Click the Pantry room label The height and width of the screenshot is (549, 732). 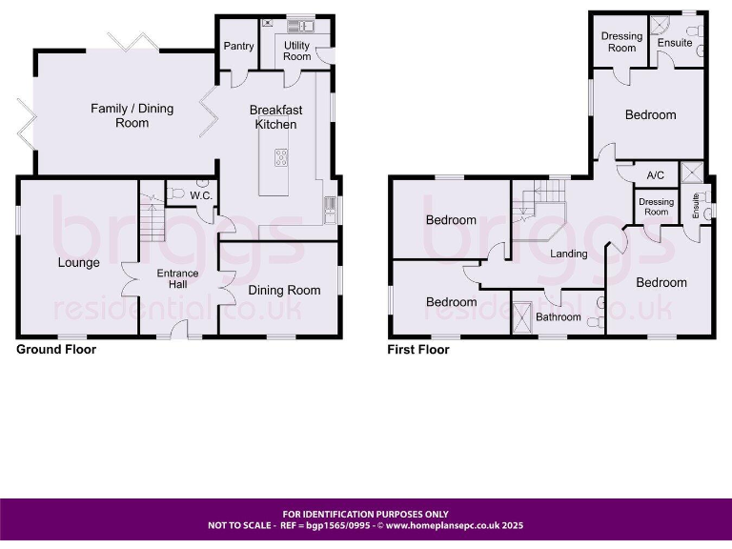(x=237, y=46)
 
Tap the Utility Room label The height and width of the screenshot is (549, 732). (x=296, y=51)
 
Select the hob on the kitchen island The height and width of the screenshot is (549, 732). (x=282, y=158)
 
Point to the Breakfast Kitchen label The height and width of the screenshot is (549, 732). (x=276, y=117)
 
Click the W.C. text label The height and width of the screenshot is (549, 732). (x=200, y=196)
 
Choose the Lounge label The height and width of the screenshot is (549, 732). (x=78, y=262)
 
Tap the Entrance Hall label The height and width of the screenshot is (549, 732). (x=178, y=279)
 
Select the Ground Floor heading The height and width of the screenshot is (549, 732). (x=56, y=350)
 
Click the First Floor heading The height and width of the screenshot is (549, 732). (x=417, y=350)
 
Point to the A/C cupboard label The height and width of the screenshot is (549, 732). (x=655, y=175)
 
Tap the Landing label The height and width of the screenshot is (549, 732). (x=569, y=254)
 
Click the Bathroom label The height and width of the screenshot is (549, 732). (x=558, y=317)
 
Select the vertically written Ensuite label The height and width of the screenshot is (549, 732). (x=697, y=207)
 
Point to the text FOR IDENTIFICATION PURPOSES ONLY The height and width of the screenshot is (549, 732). (x=365, y=514)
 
